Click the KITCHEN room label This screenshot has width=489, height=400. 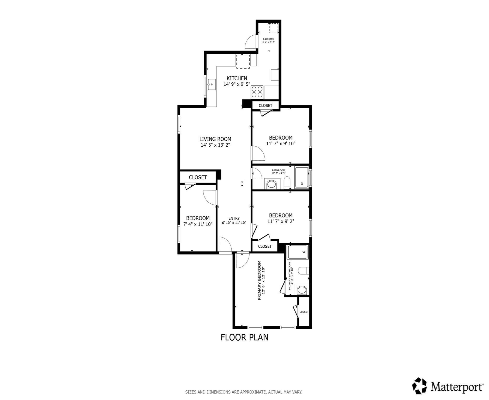(237, 78)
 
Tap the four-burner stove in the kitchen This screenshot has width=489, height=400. (257, 92)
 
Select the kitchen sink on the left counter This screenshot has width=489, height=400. (212, 84)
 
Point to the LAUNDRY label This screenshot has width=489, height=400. (268, 39)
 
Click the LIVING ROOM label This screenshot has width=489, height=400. (215, 139)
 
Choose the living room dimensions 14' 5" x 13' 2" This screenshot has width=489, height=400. (215, 145)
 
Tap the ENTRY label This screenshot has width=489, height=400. (234, 218)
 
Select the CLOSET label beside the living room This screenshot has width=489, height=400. (198, 177)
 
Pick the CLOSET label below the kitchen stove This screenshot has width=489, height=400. (265, 105)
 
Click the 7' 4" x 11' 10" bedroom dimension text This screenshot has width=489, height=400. (198, 224)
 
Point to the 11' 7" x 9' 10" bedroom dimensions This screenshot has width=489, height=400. (281, 143)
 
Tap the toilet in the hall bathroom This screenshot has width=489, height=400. (287, 182)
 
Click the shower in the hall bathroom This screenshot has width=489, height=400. (302, 178)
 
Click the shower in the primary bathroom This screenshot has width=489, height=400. (298, 252)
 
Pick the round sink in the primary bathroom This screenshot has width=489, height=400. (302, 290)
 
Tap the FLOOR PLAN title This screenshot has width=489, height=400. (244, 337)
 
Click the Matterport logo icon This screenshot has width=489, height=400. (419, 386)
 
